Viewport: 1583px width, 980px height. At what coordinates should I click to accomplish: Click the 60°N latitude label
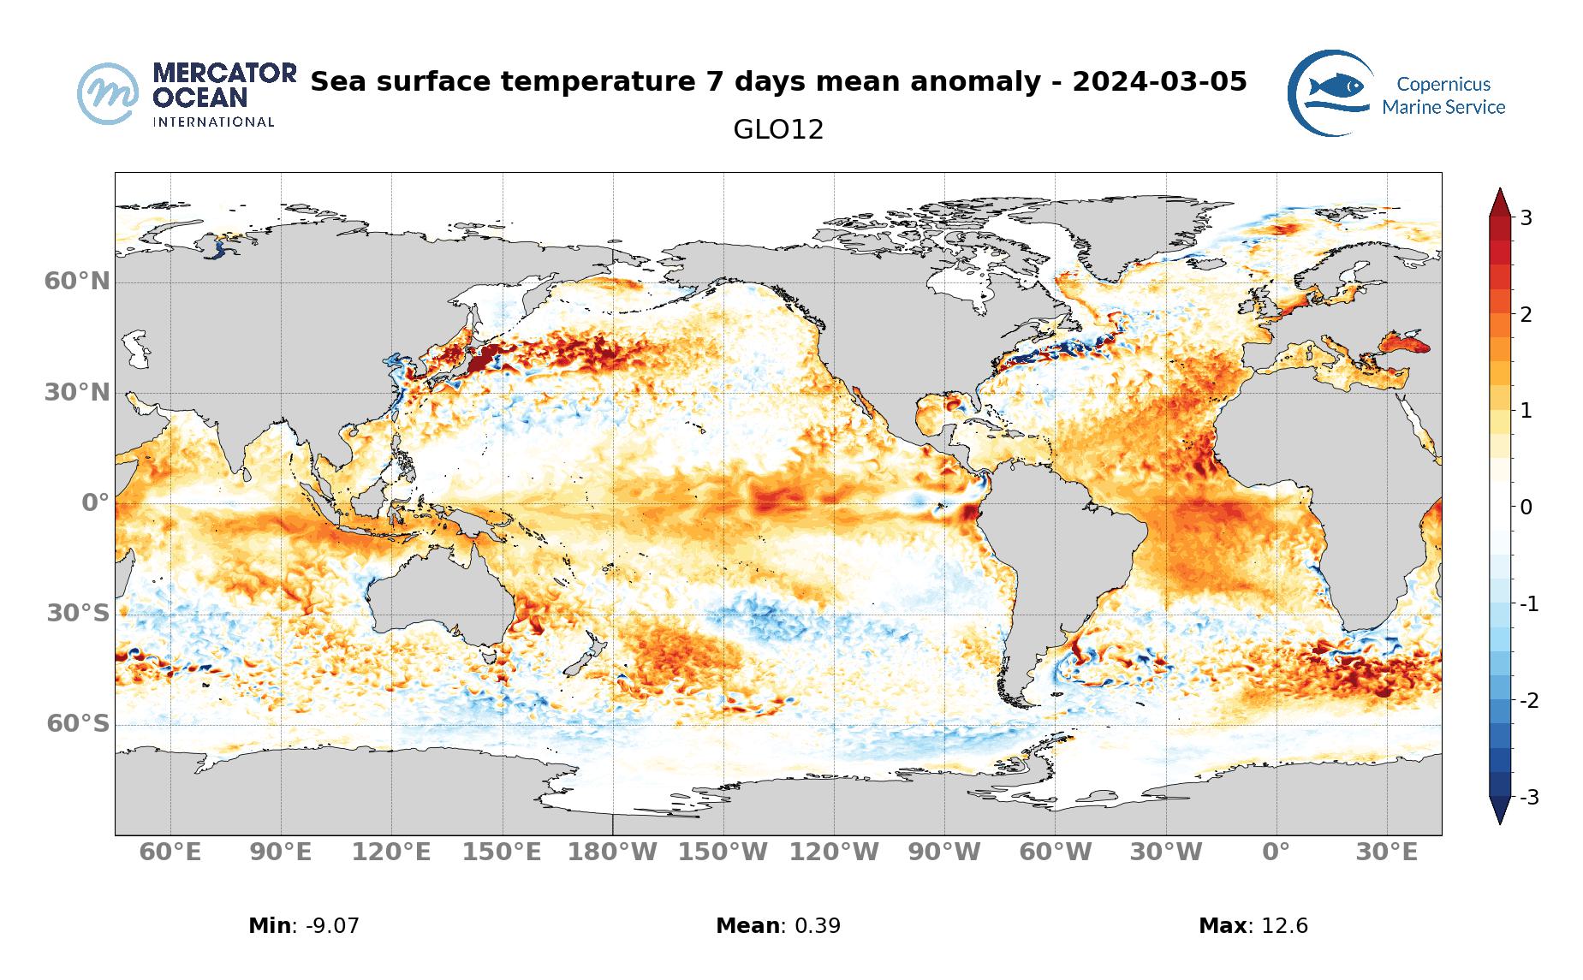tap(77, 281)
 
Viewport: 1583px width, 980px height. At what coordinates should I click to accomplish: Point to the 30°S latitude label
tap(77, 613)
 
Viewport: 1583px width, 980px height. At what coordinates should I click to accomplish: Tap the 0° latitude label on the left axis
tap(95, 502)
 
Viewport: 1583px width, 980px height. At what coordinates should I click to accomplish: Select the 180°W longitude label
tap(612, 852)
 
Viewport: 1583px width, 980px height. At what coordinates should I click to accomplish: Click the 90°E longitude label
tap(280, 852)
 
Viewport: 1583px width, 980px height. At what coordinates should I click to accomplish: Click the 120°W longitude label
tap(833, 852)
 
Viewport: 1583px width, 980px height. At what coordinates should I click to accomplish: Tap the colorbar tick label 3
tap(1526, 217)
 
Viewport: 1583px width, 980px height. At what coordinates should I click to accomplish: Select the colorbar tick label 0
tap(1526, 507)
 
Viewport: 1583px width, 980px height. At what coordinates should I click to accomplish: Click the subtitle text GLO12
tap(778, 130)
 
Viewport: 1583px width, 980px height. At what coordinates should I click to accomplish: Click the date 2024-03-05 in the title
tap(1159, 82)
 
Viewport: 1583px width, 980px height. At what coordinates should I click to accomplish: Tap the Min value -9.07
tap(326, 925)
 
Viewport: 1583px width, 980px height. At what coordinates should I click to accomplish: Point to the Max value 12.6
tap(1279, 925)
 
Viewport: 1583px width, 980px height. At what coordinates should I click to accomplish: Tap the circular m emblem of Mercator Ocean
tap(108, 92)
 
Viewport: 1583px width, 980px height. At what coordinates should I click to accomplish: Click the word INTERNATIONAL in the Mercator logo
tap(213, 122)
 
